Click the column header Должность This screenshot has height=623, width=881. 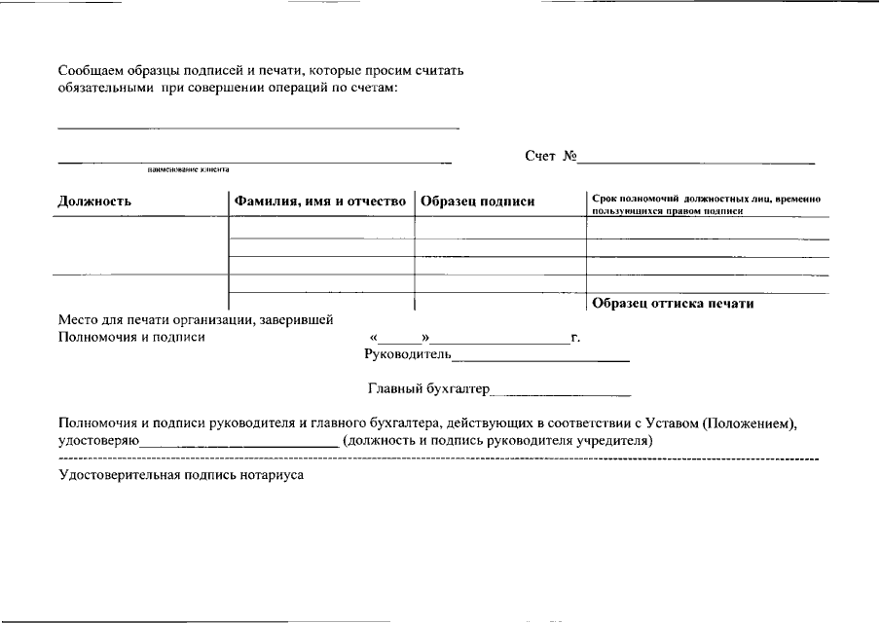click(x=94, y=202)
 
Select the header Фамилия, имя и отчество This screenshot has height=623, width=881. click(x=318, y=202)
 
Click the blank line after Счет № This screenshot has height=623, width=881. click(x=697, y=160)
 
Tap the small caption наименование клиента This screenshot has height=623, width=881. click(x=188, y=168)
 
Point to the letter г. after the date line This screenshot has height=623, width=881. click(x=576, y=338)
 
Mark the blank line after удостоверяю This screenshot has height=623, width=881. click(x=239, y=443)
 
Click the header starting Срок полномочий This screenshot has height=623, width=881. click(x=707, y=203)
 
